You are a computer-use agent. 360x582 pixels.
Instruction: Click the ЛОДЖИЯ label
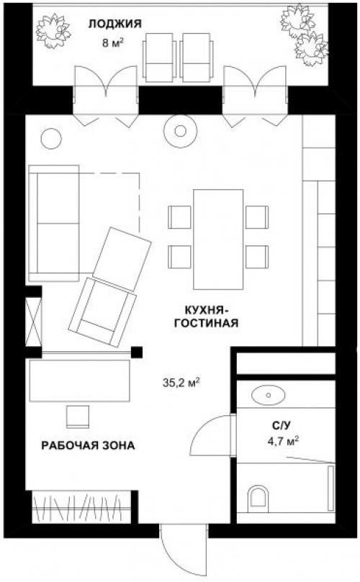(114, 24)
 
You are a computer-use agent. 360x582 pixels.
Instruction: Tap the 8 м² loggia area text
(112, 42)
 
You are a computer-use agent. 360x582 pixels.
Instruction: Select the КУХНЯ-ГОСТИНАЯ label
(206, 317)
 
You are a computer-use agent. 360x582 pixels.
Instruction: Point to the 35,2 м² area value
(181, 382)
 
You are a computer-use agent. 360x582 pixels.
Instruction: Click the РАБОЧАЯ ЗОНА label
(88, 445)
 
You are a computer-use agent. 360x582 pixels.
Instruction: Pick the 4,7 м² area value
(284, 441)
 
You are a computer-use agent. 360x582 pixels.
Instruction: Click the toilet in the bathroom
(258, 497)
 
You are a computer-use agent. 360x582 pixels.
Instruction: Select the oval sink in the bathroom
(269, 394)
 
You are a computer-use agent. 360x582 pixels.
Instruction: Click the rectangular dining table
(218, 240)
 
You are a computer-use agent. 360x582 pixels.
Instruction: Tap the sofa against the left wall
(54, 223)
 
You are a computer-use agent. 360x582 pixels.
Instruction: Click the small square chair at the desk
(78, 417)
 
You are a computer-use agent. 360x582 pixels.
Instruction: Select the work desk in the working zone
(80, 381)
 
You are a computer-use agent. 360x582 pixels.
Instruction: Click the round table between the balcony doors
(180, 131)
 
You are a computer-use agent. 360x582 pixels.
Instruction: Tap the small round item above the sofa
(51, 139)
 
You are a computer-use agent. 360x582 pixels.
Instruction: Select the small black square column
(137, 352)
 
